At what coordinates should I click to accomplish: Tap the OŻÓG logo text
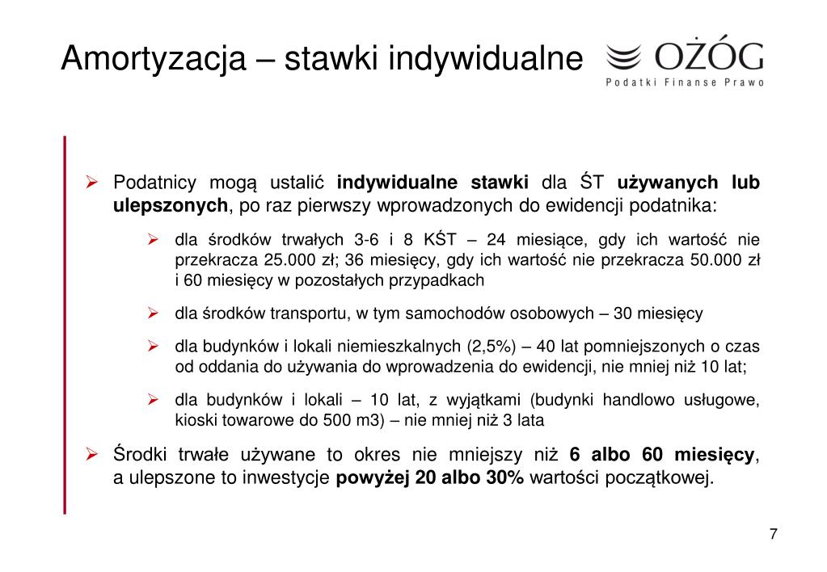pyautogui.click(x=709, y=57)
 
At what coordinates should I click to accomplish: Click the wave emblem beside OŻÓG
pyautogui.click(x=623, y=57)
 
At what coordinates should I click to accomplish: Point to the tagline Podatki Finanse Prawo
pyautogui.click(x=685, y=82)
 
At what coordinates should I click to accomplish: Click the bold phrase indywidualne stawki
pyautogui.click(x=432, y=183)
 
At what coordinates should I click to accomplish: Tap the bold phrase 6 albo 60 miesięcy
pyautogui.click(x=663, y=454)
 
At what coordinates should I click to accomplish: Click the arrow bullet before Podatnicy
pyautogui.click(x=92, y=182)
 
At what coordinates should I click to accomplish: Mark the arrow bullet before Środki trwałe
pyautogui.click(x=92, y=454)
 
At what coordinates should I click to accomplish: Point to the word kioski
pyautogui.click(x=194, y=421)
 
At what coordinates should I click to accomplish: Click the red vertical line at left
pyautogui.click(x=65, y=324)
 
